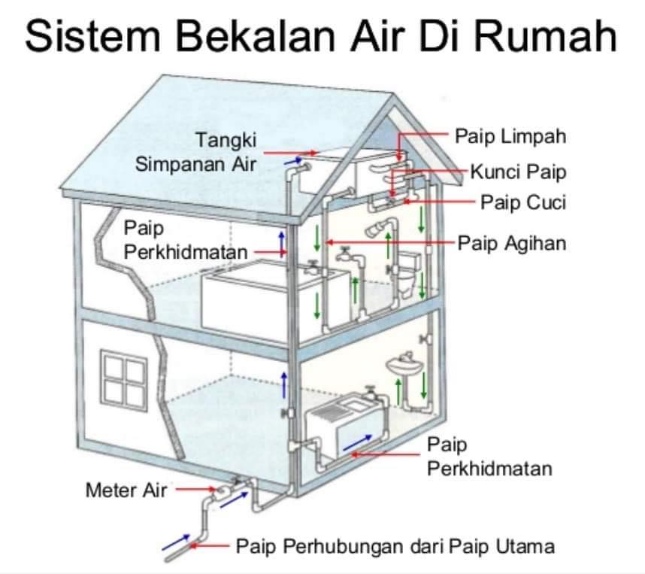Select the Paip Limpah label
(x=510, y=136)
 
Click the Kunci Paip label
(x=518, y=172)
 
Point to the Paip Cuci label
(x=523, y=202)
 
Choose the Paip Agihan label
(x=512, y=243)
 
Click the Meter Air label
(x=126, y=490)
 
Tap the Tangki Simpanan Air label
(x=195, y=152)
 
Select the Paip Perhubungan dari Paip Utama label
(x=395, y=546)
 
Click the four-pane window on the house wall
(x=124, y=381)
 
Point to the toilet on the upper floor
(x=408, y=272)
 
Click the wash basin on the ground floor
(x=404, y=365)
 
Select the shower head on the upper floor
(x=375, y=229)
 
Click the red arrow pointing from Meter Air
(x=195, y=490)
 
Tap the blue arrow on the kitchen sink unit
(x=357, y=442)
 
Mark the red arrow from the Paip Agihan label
(x=390, y=242)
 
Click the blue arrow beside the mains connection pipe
(x=176, y=542)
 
